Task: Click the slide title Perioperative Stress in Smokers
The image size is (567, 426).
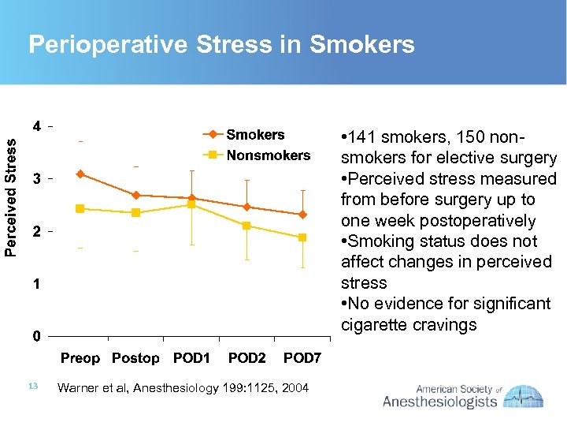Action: pyautogui.click(x=221, y=45)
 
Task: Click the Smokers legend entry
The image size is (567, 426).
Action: pyautogui.click(x=254, y=135)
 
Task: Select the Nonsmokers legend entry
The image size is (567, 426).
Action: pyautogui.click(x=268, y=155)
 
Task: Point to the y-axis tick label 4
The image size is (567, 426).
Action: pyautogui.click(x=37, y=126)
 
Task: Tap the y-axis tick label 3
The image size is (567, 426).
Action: pyautogui.click(x=37, y=179)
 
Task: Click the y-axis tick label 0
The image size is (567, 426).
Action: pyautogui.click(x=37, y=337)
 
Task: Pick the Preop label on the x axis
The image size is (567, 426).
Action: pyautogui.click(x=80, y=359)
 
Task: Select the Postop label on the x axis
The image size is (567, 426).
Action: pyautogui.click(x=135, y=359)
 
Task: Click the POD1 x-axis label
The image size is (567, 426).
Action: pyautogui.click(x=191, y=359)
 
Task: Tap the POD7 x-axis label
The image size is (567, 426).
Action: pyautogui.click(x=302, y=359)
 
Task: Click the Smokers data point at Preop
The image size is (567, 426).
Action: pyautogui.click(x=80, y=174)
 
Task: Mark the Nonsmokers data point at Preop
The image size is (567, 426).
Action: pyautogui.click(x=80, y=208)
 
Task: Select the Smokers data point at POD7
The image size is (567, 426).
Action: pyautogui.click(x=302, y=215)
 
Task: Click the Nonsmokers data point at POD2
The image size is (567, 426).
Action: pyautogui.click(x=246, y=226)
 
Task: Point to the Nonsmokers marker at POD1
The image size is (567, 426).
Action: pyautogui.click(x=191, y=204)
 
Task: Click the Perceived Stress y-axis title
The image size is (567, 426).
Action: pyautogui.click(x=10, y=196)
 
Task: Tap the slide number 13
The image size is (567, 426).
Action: pyautogui.click(x=32, y=386)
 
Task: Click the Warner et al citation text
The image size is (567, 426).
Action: pyautogui.click(x=183, y=387)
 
